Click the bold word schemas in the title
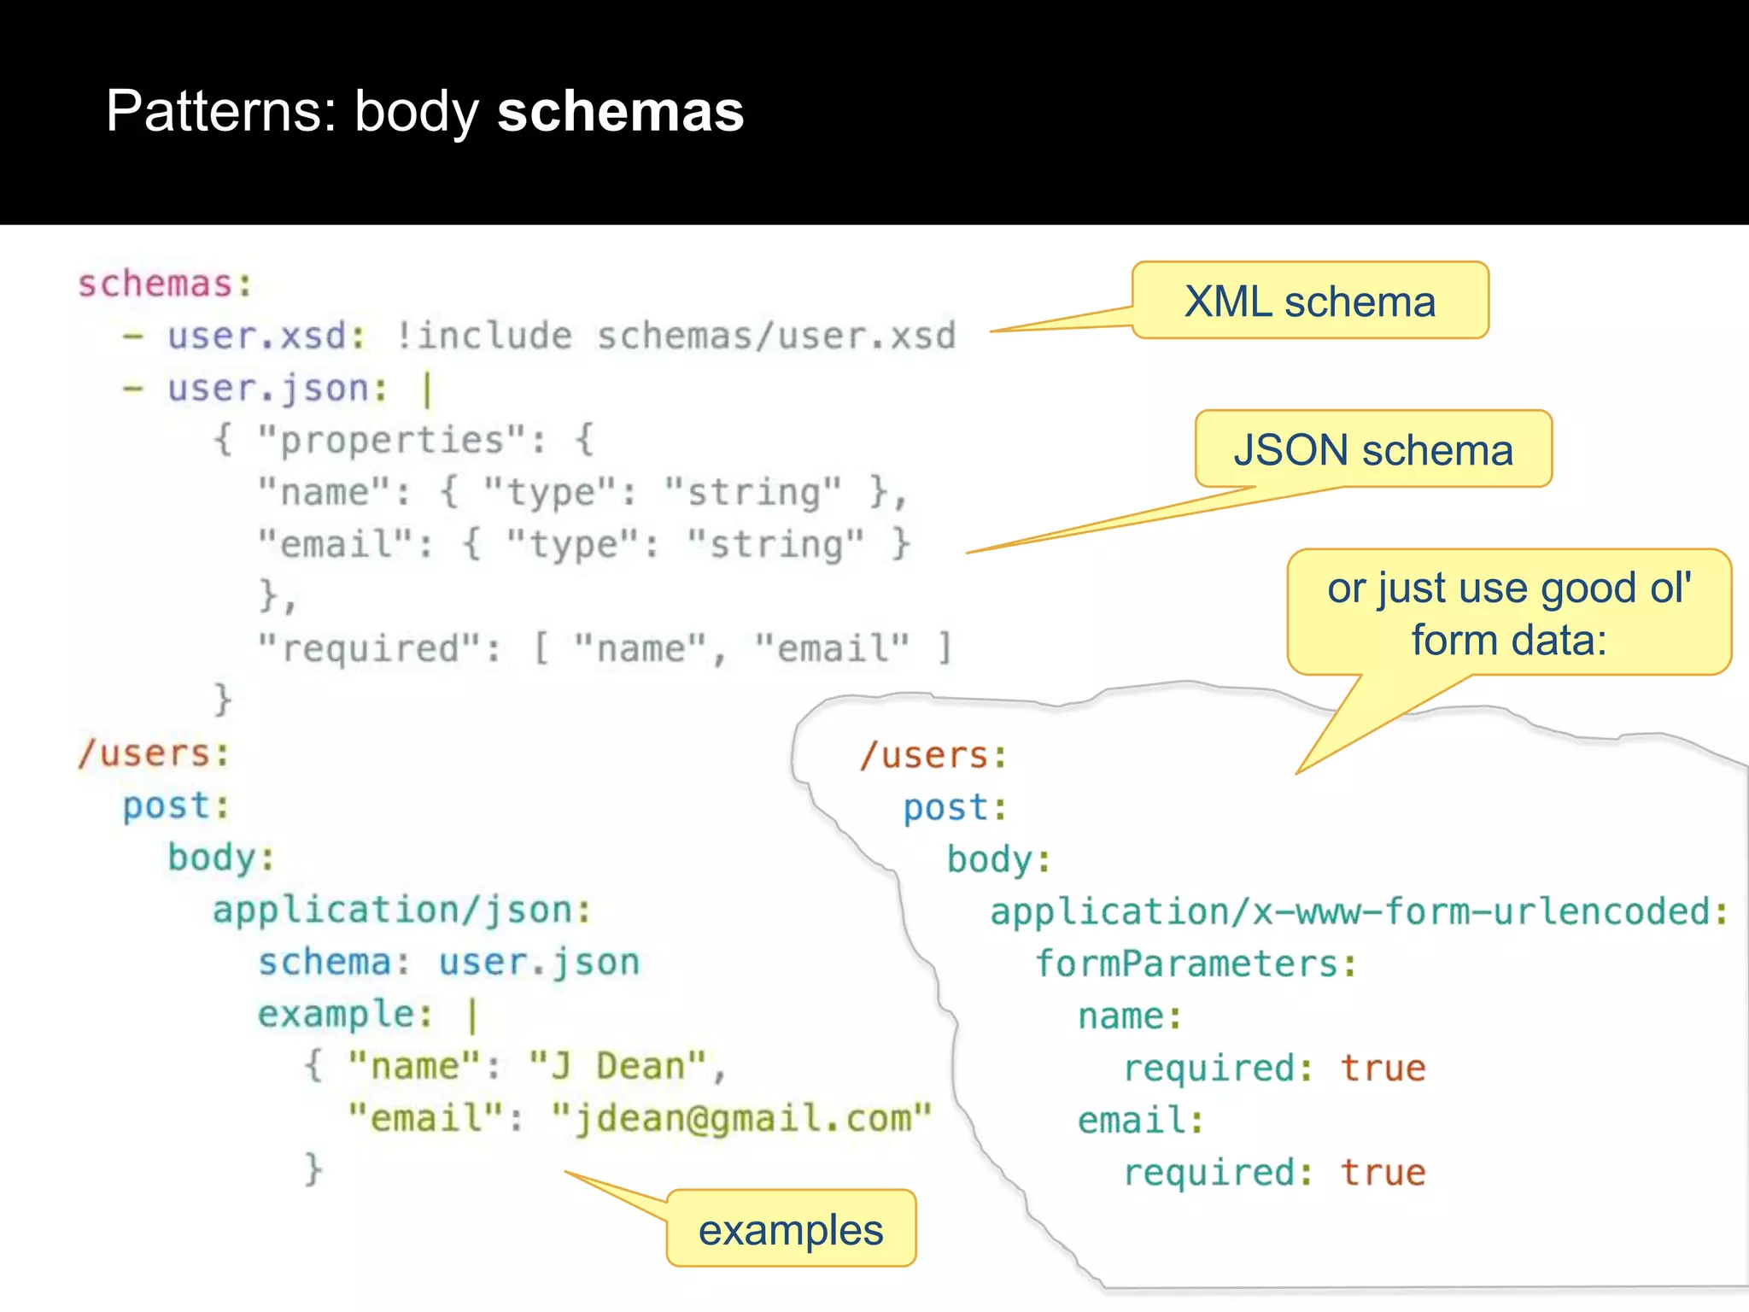620,112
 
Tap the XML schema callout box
1310,302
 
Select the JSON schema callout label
1373,450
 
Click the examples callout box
791,1230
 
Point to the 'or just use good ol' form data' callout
1509,613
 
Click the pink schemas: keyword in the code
166,284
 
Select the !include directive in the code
484,336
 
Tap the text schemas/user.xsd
776,336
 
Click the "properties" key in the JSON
392,441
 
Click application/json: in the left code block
401,911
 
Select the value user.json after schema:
539,963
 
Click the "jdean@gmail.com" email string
741,1119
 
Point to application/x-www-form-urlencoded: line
1359,912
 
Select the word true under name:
1383,1069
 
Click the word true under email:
1383,1173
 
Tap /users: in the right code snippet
933,756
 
